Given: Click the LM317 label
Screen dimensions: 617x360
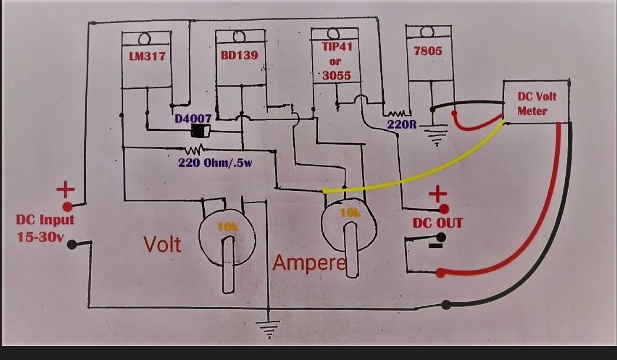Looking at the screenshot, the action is point(147,57).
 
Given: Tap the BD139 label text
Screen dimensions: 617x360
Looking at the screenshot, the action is point(239,55).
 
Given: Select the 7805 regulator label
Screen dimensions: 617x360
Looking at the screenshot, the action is point(428,51).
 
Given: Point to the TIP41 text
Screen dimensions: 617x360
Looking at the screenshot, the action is point(337,47).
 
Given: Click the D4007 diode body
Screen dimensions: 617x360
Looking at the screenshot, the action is point(200,131).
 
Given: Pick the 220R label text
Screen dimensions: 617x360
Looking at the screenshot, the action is point(402,124).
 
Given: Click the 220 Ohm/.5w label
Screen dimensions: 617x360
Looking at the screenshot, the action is point(215,162).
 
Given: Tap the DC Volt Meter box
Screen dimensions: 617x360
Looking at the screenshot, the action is point(536,101).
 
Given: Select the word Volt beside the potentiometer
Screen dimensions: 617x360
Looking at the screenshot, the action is point(162,245).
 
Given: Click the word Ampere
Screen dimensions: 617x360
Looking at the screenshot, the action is point(309,262).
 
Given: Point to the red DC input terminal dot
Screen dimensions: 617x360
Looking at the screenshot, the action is point(68,206).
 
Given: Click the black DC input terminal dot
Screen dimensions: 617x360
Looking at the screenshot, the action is point(72,245).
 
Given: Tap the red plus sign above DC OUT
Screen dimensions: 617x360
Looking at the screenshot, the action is point(437,194).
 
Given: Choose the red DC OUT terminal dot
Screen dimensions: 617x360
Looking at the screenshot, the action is point(444,209).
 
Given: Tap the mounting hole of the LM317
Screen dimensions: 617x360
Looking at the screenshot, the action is point(144,39).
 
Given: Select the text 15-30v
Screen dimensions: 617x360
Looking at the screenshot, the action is point(40,237).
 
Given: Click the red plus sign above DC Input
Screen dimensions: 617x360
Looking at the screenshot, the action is point(66,190).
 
